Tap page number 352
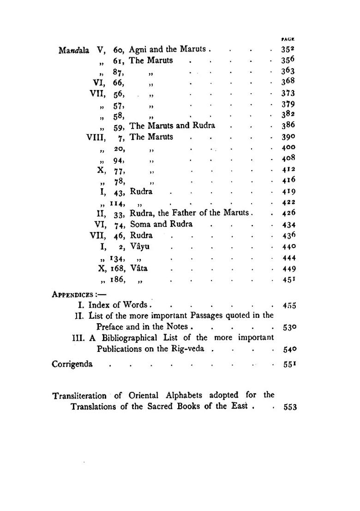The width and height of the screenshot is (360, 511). [x=288, y=49]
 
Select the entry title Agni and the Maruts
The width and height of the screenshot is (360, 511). [x=170, y=49]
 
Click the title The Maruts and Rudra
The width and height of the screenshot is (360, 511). [x=172, y=126]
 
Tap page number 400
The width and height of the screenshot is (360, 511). [x=288, y=148]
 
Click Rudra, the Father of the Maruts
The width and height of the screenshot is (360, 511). [x=190, y=213]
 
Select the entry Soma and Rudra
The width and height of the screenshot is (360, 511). [x=161, y=224]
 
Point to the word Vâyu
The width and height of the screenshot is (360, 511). [x=140, y=246]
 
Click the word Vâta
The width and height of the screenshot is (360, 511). [x=139, y=268]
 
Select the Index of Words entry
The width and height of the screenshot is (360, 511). [x=118, y=305]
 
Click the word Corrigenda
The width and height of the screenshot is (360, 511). [x=72, y=364]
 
